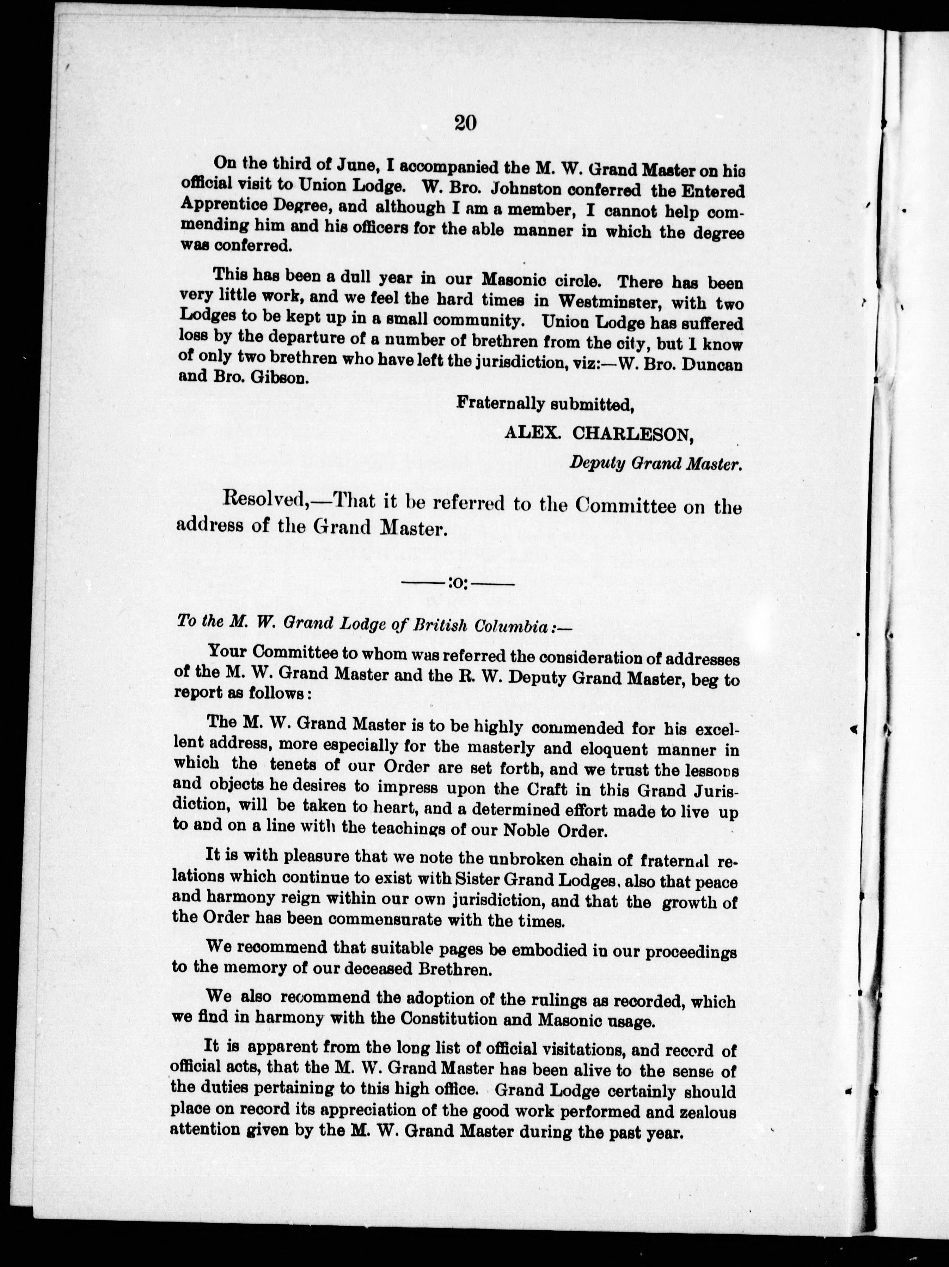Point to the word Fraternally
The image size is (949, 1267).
pyautogui.click(x=500, y=404)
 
